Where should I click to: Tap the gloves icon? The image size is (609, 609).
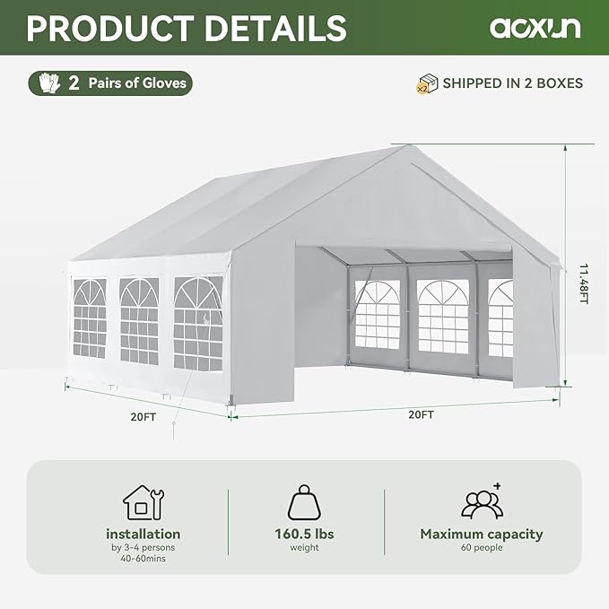pyautogui.click(x=48, y=83)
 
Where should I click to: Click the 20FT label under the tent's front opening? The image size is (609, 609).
pyautogui.click(x=421, y=414)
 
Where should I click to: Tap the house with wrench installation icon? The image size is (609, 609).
pyautogui.click(x=143, y=502)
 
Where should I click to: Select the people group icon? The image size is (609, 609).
pyautogui.click(x=482, y=501)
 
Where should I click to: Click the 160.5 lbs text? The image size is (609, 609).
pyautogui.click(x=304, y=534)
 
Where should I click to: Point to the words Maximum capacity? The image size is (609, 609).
pyautogui.click(x=482, y=534)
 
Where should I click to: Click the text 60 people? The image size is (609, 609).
pyautogui.click(x=482, y=548)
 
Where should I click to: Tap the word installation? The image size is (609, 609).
pyautogui.click(x=143, y=534)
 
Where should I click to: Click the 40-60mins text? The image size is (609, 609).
pyautogui.click(x=143, y=559)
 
